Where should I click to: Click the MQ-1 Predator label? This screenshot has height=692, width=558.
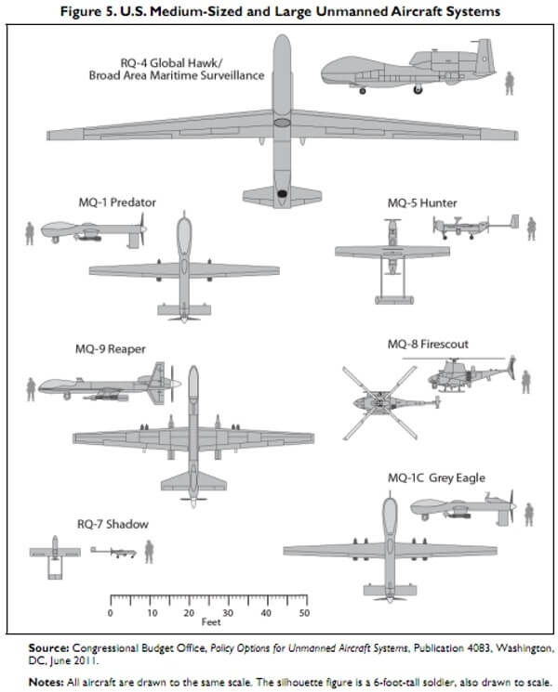117,202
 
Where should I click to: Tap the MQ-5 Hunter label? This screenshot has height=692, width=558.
422,202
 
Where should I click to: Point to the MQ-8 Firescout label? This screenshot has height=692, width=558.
428,344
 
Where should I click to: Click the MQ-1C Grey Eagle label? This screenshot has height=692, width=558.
436,478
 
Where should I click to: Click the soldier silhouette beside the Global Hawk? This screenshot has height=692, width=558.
509,82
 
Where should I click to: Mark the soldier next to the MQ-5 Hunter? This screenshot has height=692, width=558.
532,228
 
